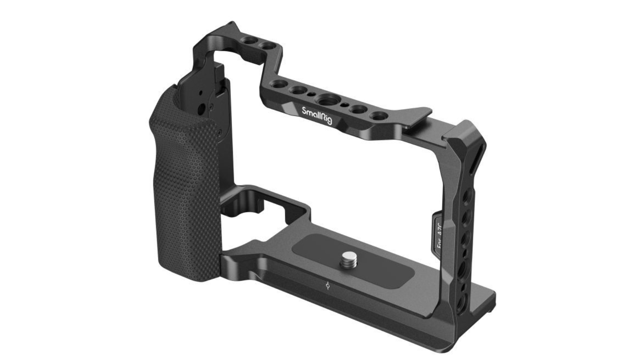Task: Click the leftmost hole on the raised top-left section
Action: [251, 41]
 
